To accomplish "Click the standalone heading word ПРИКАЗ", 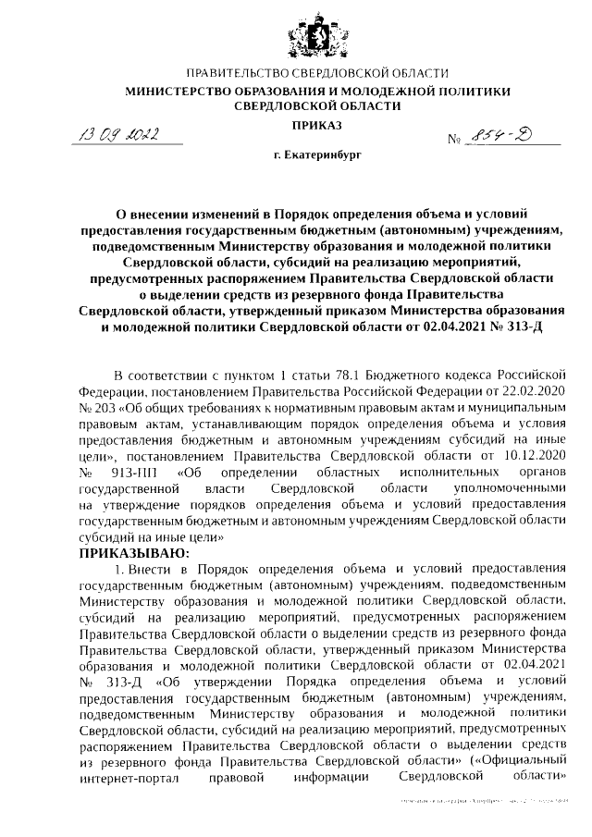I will tap(317, 123).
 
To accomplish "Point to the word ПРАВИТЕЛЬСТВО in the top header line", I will tap(235, 72).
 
